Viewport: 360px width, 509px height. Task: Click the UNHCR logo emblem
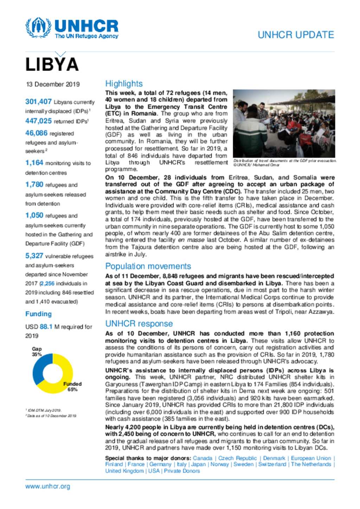pyautogui.click(x=38, y=27)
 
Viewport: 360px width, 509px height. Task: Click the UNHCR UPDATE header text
pyautogui.click(x=296, y=35)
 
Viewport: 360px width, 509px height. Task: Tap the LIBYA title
pyautogui.click(x=52, y=65)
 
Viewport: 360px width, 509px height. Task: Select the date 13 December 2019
pyautogui.click(x=53, y=84)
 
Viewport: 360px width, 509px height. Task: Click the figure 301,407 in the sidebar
pyautogui.click(x=38, y=102)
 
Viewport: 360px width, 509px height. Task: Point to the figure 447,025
pyautogui.click(x=38, y=121)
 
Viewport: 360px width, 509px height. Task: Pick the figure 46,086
pyautogui.click(x=36, y=133)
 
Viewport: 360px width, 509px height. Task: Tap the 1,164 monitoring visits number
pyautogui.click(x=34, y=163)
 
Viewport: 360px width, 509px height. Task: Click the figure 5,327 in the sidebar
pyautogui.click(x=34, y=256)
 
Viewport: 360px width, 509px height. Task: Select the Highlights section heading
pyautogui.click(x=124, y=84)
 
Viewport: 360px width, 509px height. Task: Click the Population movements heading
pyautogui.click(x=148, y=266)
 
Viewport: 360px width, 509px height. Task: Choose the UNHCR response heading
pyautogui.click(x=139, y=324)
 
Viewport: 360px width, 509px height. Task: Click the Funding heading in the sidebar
pyautogui.click(x=38, y=314)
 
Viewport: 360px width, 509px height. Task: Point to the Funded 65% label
pyautogui.click(x=72, y=387)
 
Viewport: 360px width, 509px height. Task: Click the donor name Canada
pyautogui.click(x=202, y=458)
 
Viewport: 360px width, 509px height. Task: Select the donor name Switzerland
pyautogui.click(x=272, y=464)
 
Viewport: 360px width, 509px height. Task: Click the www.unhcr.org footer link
pyautogui.click(x=47, y=487)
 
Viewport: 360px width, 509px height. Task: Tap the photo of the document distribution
pyautogui.click(x=284, y=123)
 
